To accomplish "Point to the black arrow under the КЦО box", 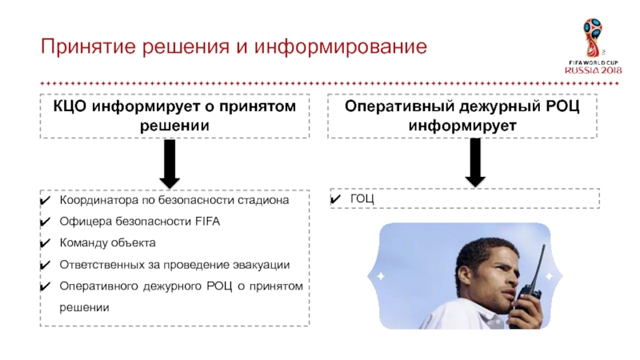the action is [170, 163].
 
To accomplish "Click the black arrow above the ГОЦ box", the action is [475, 162].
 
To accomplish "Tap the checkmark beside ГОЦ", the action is [338, 198].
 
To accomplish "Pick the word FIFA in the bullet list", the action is [207, 221].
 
